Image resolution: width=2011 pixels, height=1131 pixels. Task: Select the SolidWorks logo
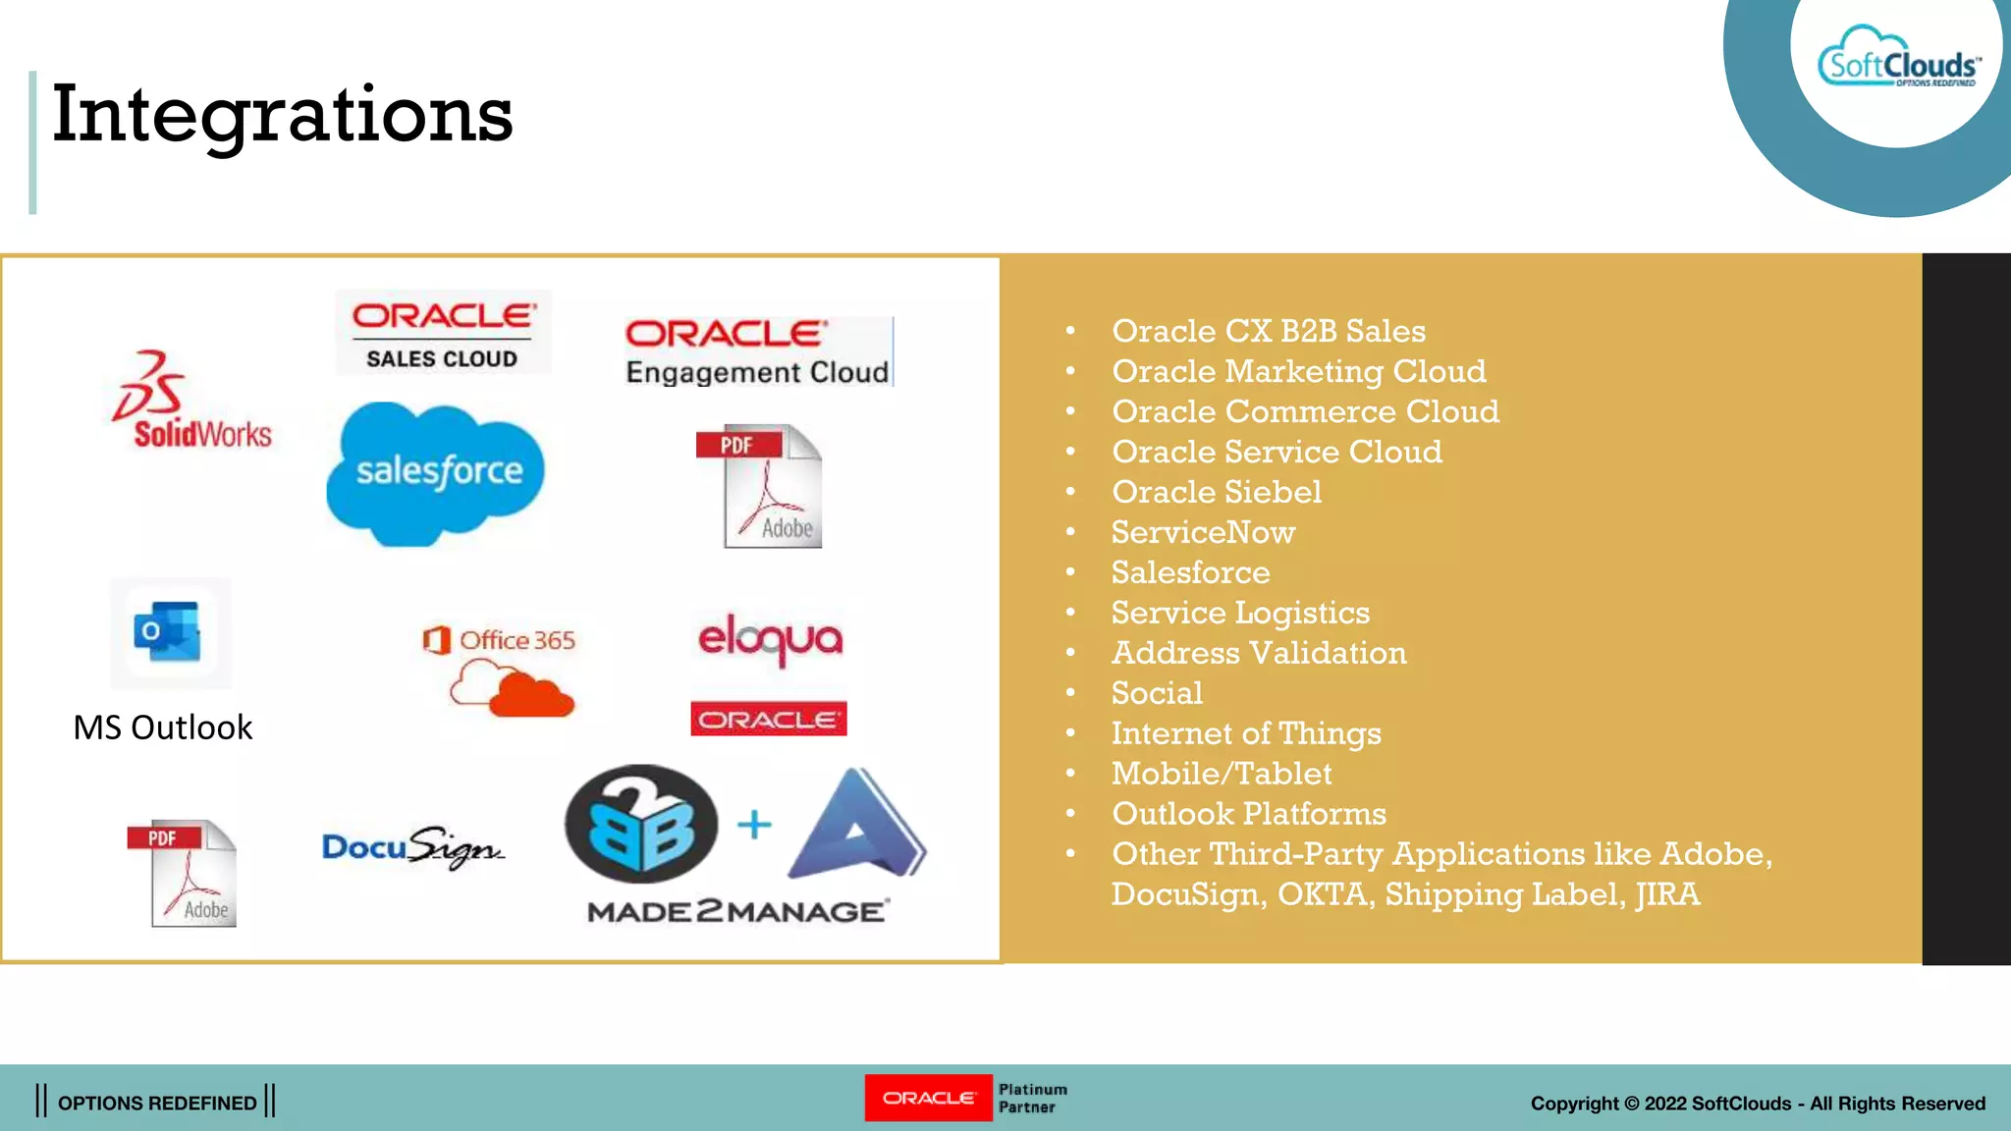192,403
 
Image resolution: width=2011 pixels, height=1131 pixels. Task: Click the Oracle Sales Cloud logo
443,333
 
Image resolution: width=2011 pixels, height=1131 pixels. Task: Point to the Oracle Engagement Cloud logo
757,351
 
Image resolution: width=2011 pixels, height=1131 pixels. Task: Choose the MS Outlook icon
169,632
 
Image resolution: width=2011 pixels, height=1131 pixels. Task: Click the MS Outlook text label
163,727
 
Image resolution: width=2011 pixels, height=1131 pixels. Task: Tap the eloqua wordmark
770,639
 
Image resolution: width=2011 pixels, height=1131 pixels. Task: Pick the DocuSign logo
412,847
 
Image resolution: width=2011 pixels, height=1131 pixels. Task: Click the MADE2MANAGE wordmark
737,912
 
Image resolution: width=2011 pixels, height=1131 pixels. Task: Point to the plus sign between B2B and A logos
754,825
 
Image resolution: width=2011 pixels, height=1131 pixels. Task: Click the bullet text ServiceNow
1203,532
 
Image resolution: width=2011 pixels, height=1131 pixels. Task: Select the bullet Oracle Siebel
1216,492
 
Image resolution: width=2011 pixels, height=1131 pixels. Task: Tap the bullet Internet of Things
1245,733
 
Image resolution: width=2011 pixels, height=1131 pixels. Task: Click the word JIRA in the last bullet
1667,894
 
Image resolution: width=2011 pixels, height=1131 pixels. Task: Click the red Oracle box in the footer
928,1098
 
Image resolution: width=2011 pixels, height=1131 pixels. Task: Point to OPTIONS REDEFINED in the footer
157,1103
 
